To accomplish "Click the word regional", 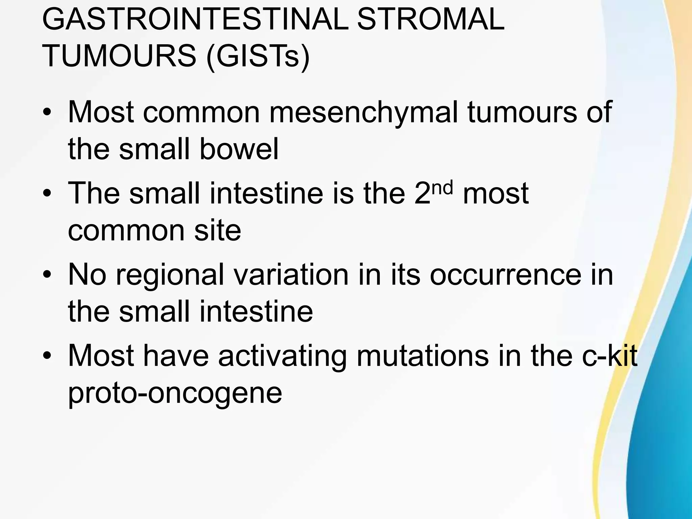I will (170, 275).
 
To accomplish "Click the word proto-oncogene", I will (175, 394).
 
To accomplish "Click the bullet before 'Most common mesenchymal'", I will (47, 113).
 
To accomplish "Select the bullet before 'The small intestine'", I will (47, 194).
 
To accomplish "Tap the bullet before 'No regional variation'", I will (47, 275).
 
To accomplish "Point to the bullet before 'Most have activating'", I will (47, 356).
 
